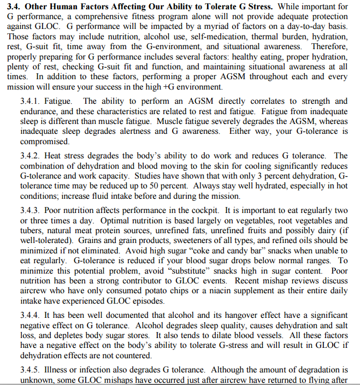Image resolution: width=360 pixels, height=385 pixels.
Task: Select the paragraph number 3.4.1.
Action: point(32,102)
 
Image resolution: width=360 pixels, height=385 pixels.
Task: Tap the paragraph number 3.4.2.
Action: point(32,156)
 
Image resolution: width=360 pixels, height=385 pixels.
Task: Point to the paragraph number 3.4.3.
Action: point(32,210)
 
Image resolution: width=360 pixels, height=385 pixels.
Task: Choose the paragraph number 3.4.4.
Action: point(32,316)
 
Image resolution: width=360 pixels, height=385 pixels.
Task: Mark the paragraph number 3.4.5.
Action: point(32,370)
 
